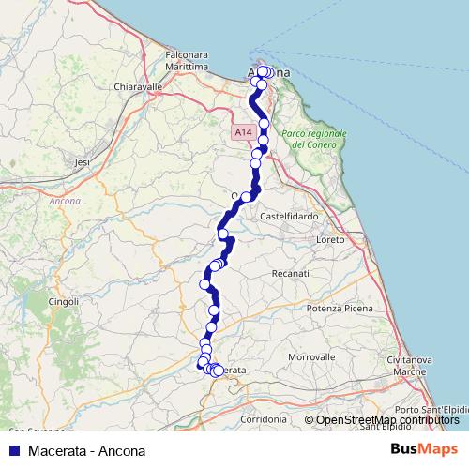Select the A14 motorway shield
tap(244, 133)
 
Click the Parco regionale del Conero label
tap(313, 140)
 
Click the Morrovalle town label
tap(311, 357)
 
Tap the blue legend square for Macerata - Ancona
tap(12, 450)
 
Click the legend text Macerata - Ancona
tap(86, 450)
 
